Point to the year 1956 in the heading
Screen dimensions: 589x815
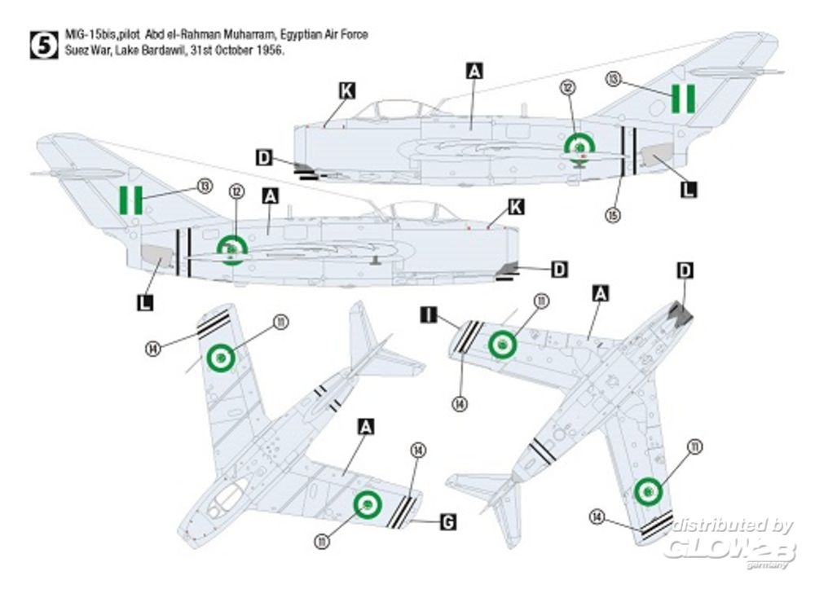pos(271,51)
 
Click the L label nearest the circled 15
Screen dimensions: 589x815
pos(689,190)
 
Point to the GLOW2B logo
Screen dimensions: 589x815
pos(729,549)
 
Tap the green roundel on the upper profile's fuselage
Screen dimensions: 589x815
pos(579,146)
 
